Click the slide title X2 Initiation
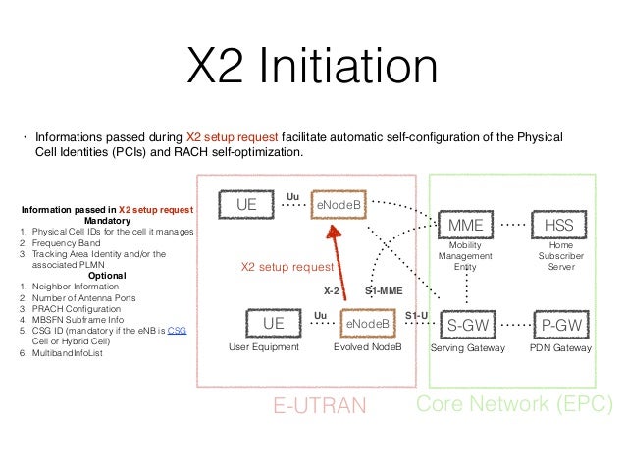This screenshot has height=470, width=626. point(313,69)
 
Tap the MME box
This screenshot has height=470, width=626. point(465,226)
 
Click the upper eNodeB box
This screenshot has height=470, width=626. point(338,203)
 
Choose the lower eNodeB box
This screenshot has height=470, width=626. point(367,322)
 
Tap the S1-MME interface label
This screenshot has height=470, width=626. point(385,291)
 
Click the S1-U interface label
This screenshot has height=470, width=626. point(416,314)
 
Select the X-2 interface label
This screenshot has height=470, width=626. point(332,291)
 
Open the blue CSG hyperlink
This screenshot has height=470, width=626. point(177,331)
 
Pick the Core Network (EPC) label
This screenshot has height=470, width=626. point(515,404)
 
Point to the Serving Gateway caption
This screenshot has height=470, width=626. point(468,348)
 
